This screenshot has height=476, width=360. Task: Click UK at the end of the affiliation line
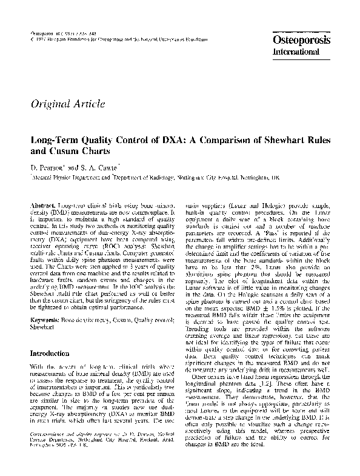pos(276,179)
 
